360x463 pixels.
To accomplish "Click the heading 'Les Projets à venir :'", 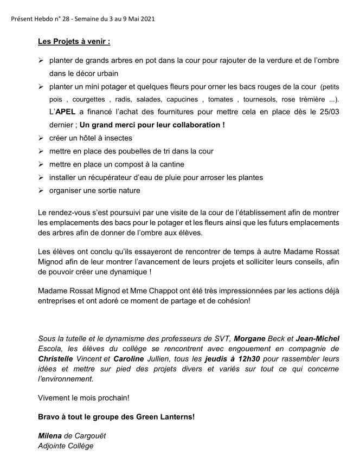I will [74, 41].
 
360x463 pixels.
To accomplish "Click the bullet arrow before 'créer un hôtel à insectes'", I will [41, 138].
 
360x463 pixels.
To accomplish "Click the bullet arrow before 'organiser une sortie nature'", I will [41, 190].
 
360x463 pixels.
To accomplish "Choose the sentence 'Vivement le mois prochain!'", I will [84, 397].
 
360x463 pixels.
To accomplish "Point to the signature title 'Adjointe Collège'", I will [66, 446].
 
